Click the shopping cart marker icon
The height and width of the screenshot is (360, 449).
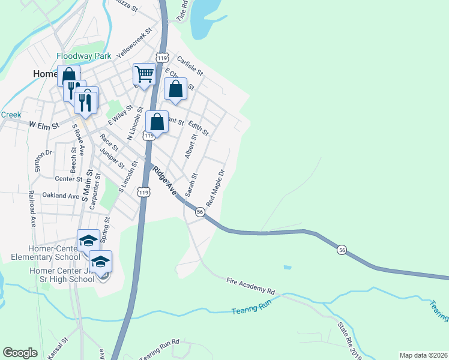point(144,74)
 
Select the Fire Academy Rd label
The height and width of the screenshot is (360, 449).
point(250,285)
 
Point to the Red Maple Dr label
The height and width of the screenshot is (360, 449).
point(215,185)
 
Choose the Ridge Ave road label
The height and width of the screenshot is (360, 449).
point(164,181)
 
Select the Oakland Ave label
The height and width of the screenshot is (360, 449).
point(61,196)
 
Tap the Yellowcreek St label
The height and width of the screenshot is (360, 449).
point(135,42)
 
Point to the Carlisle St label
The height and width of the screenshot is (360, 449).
point(190,66)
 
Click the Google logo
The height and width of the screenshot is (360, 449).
point(20,353)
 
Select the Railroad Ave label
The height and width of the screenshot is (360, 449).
point(32,208)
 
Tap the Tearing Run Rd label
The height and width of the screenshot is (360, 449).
point(160,350)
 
